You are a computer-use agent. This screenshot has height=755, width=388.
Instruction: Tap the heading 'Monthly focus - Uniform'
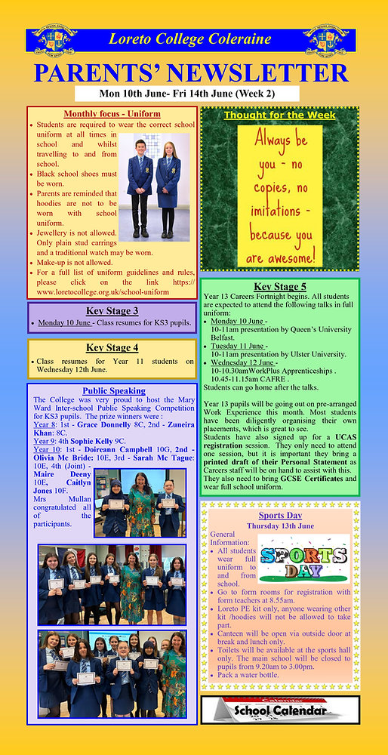pyautogui.click(x=112, y=114)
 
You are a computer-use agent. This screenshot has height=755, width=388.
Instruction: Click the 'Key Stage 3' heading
pyautogui.click(x=112, y=310)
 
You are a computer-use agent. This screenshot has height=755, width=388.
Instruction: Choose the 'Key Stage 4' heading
pyautogui.click(x=112, y=347)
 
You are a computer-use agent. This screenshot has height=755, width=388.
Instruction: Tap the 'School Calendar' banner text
pyautogui.click(x=281, y=710)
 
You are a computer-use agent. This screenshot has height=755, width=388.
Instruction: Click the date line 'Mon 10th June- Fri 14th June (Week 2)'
pyautogui.click(x=199, y=94)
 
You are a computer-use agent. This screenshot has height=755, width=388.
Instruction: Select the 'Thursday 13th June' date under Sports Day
pyautogui.click(x=280, y=525)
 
